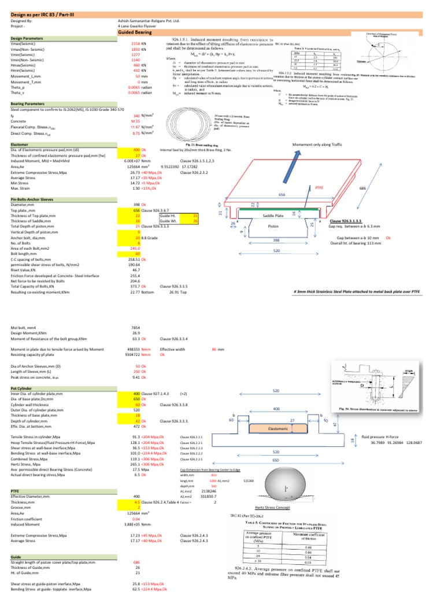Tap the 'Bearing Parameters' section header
tap(28, 103)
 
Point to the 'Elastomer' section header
tap(21, 143)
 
